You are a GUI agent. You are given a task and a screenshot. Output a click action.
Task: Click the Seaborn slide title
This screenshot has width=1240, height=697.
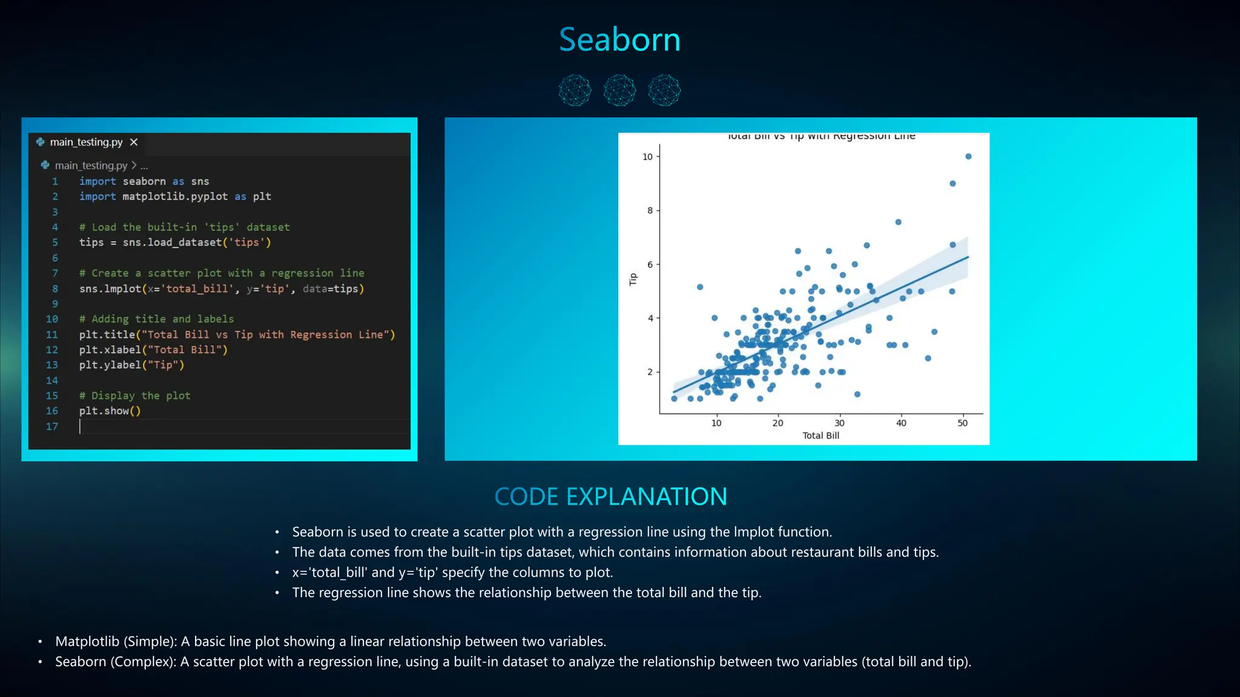pyautogui.click(x=619, y=40)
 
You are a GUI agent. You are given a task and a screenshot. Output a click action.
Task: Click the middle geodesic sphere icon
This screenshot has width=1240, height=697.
pyautogui.click(x=619, y=91)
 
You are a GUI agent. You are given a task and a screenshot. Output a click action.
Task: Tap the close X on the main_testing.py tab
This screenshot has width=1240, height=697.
pyautogui.click(x=134, y=142)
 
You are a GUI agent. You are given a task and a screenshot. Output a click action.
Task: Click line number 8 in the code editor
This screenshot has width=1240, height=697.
pyautogui.click(x=55, y=289)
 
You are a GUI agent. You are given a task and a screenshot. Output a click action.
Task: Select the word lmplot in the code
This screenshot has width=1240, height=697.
pyautogui.click(x=122, y=289)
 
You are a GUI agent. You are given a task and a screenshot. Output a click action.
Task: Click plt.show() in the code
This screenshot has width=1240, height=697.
pyautogui.click(x=110, y=411)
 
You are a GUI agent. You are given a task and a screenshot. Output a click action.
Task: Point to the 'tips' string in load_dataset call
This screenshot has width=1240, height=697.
pyautogui.click(x=246, y=243)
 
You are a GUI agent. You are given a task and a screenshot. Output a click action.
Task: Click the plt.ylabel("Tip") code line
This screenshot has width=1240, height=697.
pyautogui.click(x=131, y=365)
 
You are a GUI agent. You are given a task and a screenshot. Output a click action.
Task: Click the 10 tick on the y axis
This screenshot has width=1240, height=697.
pyautogui.click(x=647, y=157)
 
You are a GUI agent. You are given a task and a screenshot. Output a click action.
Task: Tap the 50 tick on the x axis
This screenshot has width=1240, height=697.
pyautogui.click(x=962, y=423)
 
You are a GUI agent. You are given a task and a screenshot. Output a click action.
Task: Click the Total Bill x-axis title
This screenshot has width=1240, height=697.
pyautogui.click(x=820, y=436)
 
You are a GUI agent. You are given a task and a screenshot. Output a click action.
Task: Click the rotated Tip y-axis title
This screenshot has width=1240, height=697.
pyautogui.click(x=633, y=279)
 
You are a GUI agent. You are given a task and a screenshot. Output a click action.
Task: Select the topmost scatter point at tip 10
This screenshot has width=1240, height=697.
pyautogui.click(x=968, y=157)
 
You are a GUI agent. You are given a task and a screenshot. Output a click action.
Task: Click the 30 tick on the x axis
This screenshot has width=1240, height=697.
pyautogui.click(x=839, y=423)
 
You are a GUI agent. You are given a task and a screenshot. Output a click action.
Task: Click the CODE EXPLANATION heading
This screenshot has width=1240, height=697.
pyautogui.click(x=610, y=497)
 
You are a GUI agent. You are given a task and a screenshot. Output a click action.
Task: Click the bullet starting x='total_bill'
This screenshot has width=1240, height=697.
pyautogui.click(x=452, y=572)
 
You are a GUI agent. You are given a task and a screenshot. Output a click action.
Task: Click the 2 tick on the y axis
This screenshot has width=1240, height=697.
pyautogui.click(x=650, y=372)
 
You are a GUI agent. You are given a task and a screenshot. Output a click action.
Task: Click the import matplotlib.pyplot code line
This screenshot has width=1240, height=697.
pyautogui.click(x=175, y=197)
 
